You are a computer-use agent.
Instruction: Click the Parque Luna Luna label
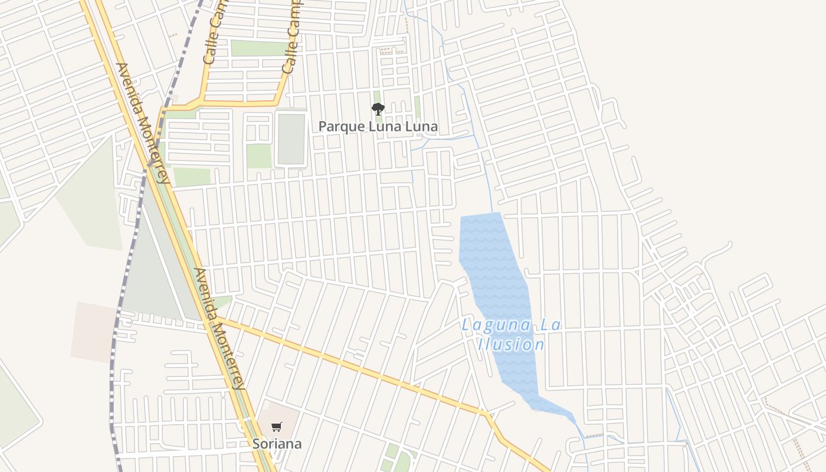pos(378,126)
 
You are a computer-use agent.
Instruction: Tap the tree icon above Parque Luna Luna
pos(378,109)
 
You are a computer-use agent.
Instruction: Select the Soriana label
pos(277,444)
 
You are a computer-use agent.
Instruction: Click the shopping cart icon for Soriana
pos(277,427)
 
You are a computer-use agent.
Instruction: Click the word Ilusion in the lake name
pos(511,345)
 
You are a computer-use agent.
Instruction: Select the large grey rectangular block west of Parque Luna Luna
pos(291,139)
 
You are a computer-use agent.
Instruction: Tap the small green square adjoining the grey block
pos(258,156)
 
